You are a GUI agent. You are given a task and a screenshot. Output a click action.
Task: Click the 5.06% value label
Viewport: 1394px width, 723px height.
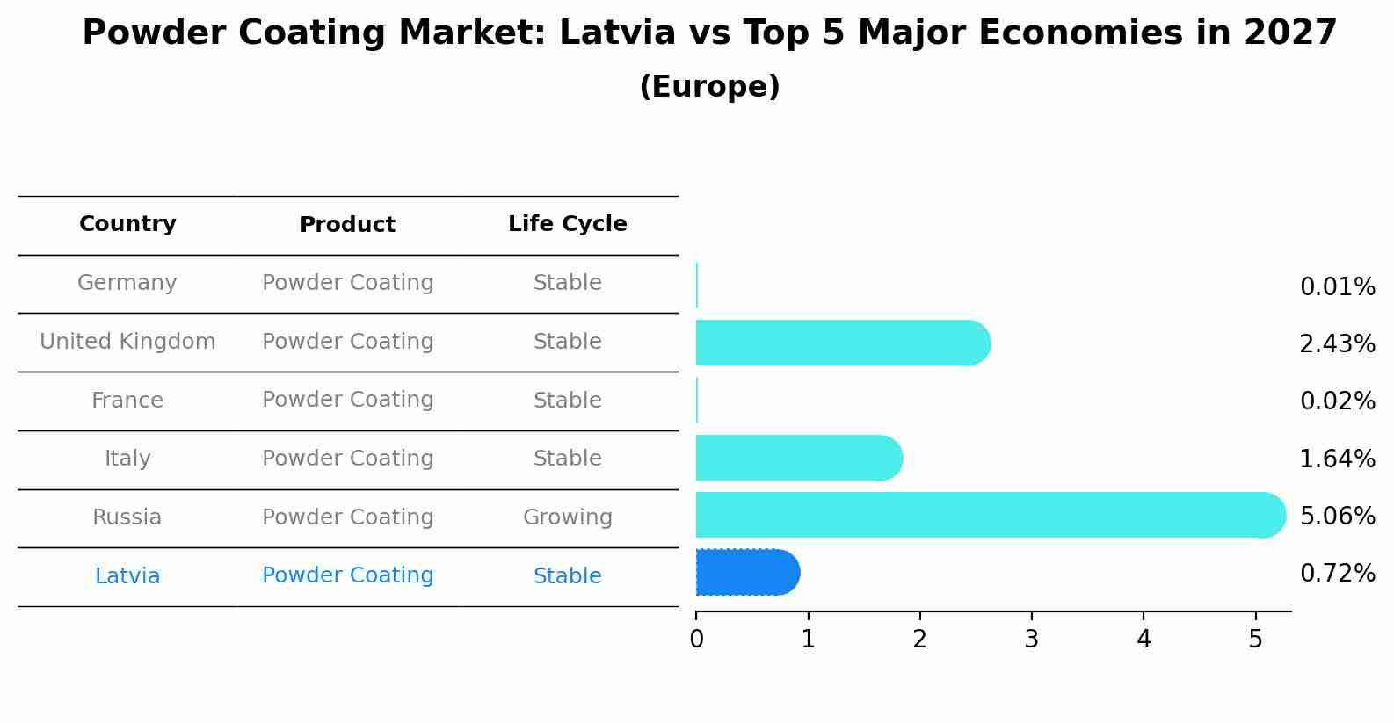pyautogui.click(x=1337, y=516)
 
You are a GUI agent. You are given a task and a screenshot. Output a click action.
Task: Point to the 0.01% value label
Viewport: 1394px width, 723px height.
pyautogui.click(x=1337, y=287)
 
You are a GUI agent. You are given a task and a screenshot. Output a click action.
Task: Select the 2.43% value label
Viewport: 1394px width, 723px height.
pyautogui.click(x=1337, y=344)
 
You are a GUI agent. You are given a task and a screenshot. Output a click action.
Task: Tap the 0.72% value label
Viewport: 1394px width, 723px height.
pyautogui.click(x=1337, y=574)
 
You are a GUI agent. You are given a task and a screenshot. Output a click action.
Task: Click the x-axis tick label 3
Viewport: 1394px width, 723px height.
pyautogui.click(x=1032, y=640)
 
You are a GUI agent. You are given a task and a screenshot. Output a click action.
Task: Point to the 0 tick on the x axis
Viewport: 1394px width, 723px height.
pyautogui.click(x=696, y=640)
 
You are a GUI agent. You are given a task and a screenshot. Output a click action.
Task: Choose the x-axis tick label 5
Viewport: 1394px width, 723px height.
pyautogui.click(x=1255, y=640)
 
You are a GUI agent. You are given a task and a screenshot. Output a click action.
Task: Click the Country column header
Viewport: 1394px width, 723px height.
pyautogui.click(x=127, y=224)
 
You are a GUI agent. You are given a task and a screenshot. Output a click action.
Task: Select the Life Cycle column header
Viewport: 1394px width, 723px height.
pyautogui.click(x=567, y=224)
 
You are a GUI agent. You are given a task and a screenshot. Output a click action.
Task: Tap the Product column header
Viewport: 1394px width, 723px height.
pyautogui.click(x=347, y=225)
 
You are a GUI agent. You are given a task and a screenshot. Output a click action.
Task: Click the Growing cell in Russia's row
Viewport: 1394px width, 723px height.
pyautogui.click(x=567, y=517)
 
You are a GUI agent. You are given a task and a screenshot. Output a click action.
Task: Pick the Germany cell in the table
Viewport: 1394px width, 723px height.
pyautogui.click(x=127, y=283)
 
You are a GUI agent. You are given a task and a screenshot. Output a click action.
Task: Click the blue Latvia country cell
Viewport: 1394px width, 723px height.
pyautogui.click(x=127, y=576)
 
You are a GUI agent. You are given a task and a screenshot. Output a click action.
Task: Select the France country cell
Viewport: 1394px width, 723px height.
pyautogui.click(x=127, y=401)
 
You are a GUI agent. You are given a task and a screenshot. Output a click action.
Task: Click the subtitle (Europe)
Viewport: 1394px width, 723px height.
pyautogui.click(x=709, y=87)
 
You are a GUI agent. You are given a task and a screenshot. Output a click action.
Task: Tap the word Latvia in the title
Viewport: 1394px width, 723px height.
pyautogui.click(x=617, y=33)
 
